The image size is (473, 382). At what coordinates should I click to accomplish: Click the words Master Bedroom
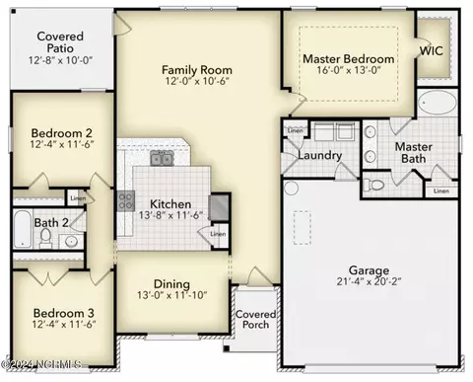click(348, 59)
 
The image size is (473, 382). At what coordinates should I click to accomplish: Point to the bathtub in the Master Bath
click(435, 105)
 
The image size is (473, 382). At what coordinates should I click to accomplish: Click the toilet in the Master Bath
click(375, 184)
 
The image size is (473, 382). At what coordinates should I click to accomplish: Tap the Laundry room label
click(319, 156)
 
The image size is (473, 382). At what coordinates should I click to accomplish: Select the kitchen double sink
click(162, 158)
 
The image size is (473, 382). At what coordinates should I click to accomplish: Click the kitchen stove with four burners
click(126, 202)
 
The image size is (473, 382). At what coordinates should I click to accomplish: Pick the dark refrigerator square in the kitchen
click(220, 205)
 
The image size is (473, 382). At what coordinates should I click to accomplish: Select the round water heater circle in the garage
click(290, 187)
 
